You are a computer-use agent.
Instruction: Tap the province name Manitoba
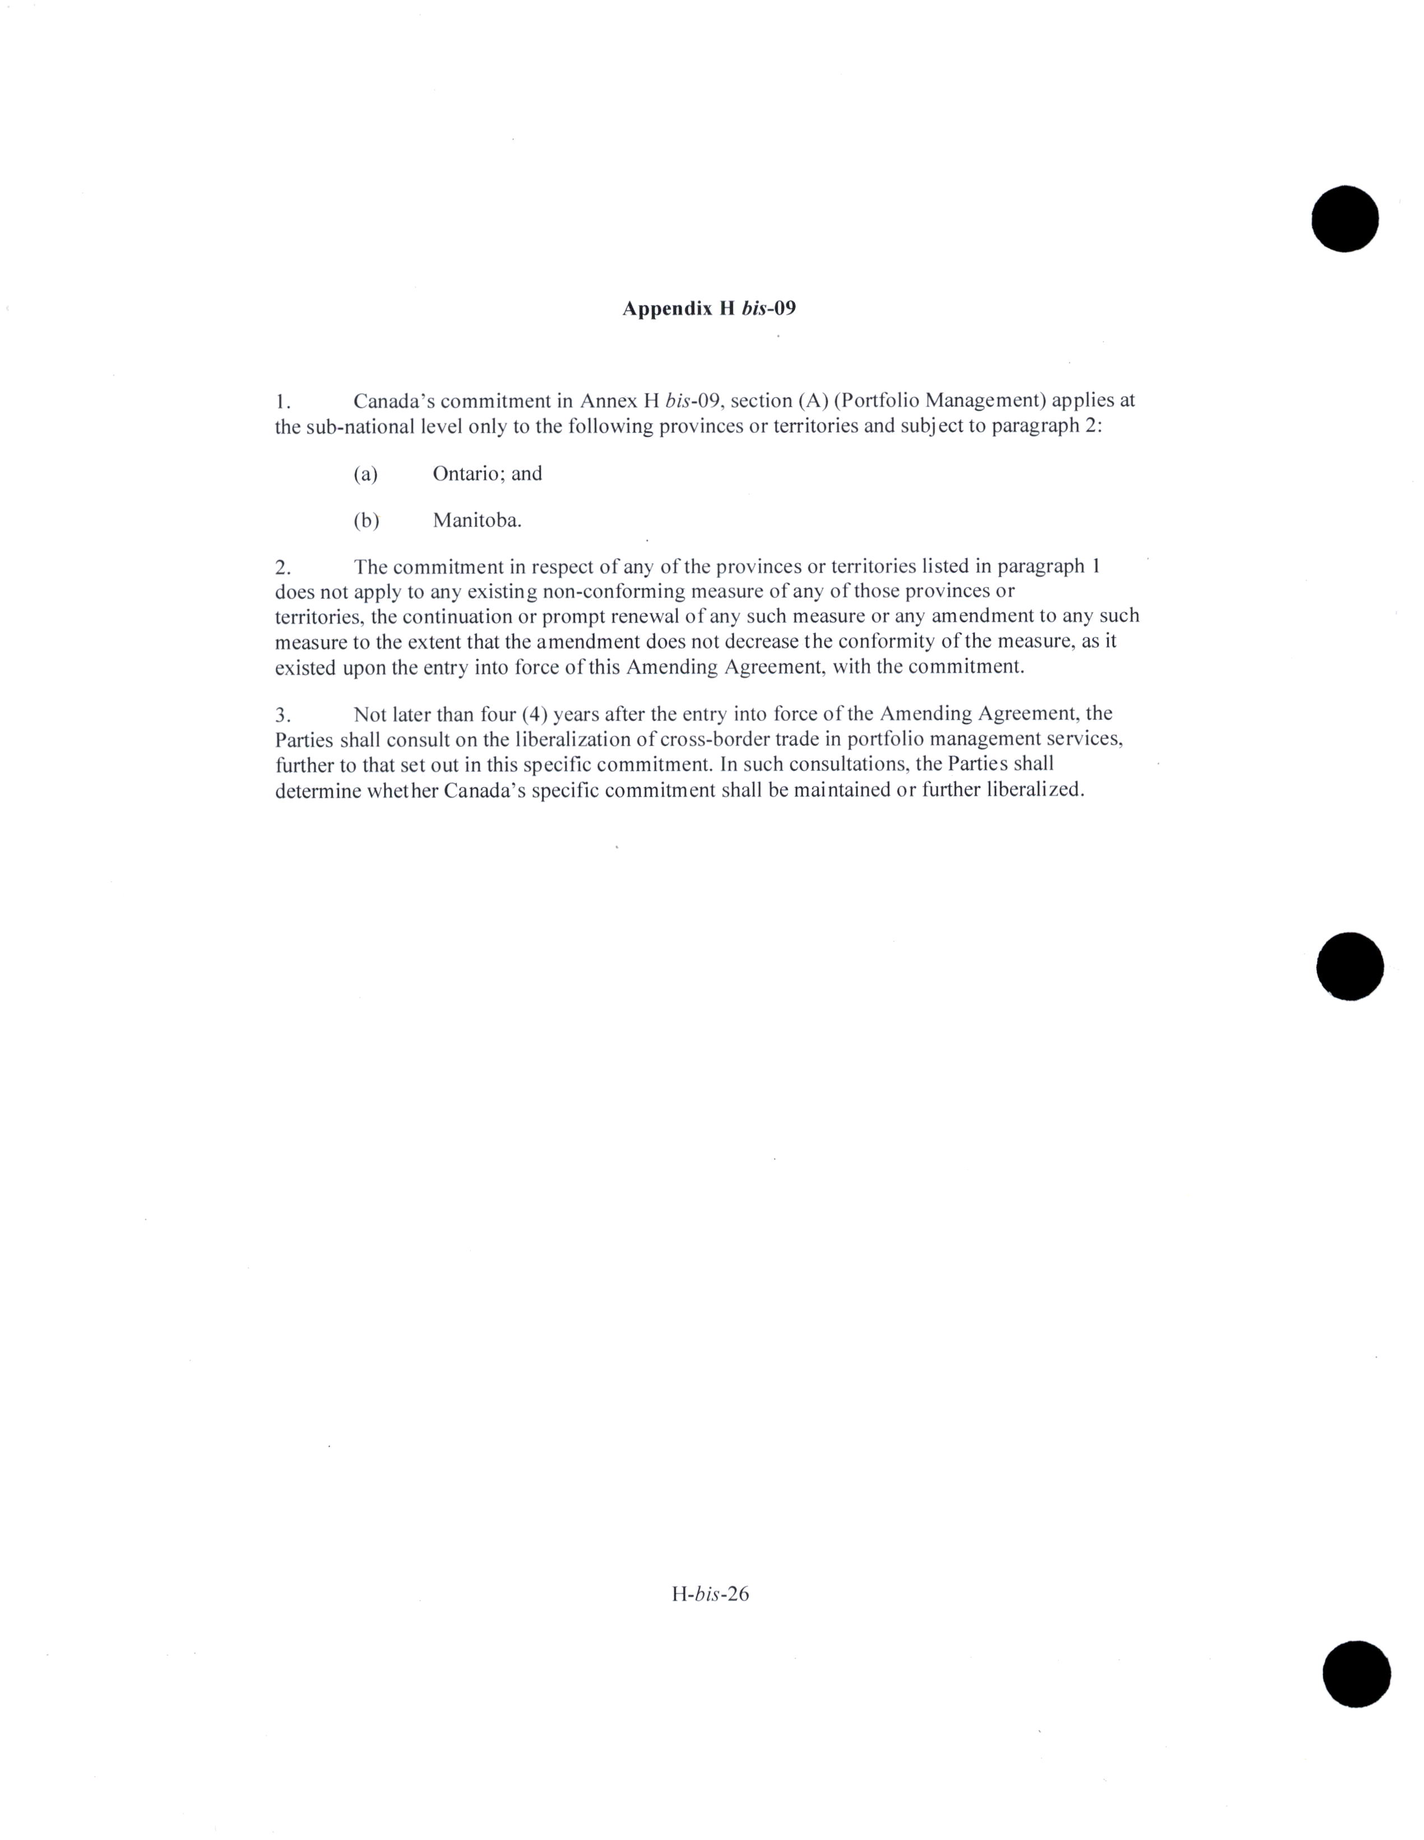click(x=477, y=521)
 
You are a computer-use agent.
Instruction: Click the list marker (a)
click(x=365, y=474)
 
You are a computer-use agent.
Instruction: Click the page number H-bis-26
click(x=710, y=1593)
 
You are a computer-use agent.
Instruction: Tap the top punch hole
click(x=1345, y=218)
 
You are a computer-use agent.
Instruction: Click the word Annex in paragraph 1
click(x=608, y=400)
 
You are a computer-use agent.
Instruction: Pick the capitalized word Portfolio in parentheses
click(x=878, y=400)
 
